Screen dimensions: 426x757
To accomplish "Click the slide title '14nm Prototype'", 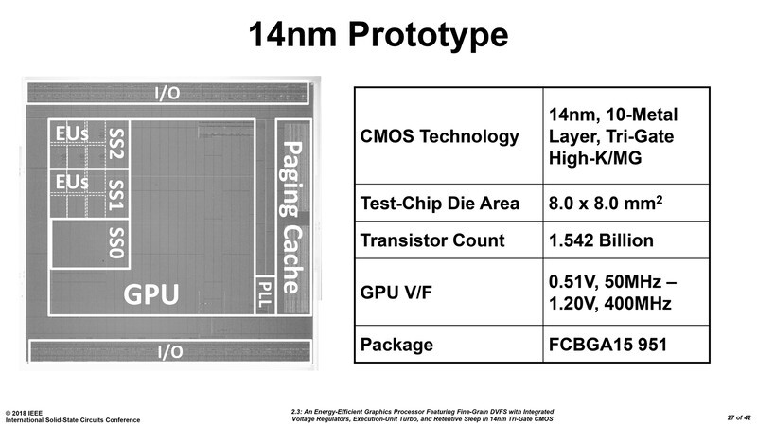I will [378, 35].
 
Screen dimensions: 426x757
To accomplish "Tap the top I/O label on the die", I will [167, 93].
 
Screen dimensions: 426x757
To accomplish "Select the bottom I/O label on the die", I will [167, 351].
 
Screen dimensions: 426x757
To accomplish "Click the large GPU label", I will [151, 294].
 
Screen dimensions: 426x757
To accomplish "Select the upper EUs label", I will [73, 134].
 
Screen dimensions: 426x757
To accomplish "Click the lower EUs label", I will [73, 180].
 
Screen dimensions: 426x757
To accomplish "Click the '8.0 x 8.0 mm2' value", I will [604, 203].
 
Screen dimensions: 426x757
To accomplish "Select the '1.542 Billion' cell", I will [602, 240].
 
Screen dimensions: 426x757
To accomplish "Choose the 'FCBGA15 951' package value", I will [608, 343].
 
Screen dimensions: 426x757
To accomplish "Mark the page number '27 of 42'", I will [726, 417].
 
